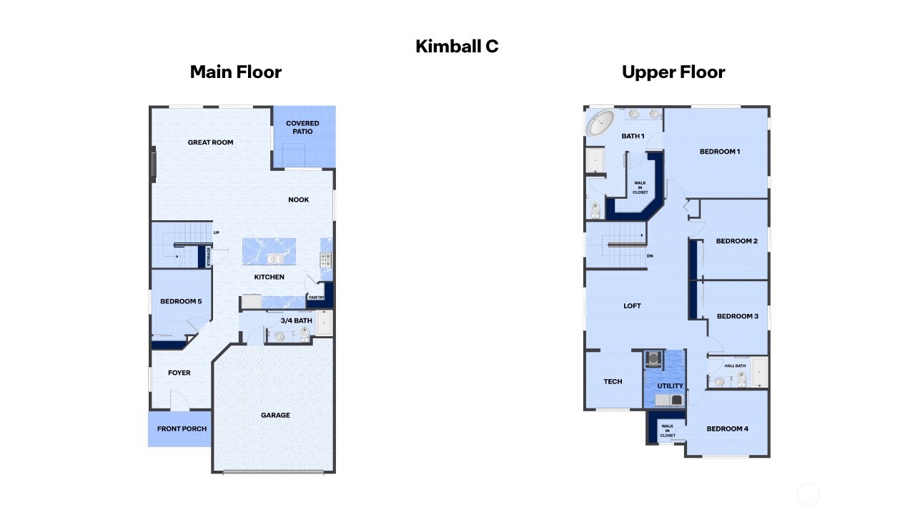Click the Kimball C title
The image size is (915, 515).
tap(457, 46)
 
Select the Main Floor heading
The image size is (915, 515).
tap(235, 72)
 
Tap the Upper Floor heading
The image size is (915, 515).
tap(673, 72)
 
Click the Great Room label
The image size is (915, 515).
tap(210, 142)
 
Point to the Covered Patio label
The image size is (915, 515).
tap(302, 127)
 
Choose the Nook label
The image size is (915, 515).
tap(298, 200)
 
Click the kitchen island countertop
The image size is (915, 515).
tap(269, 252)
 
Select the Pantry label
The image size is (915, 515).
tap(316, 298)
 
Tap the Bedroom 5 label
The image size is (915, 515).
tap(180, 301)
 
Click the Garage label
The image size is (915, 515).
tap(275, 415)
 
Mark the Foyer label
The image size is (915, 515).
tap(179, 373)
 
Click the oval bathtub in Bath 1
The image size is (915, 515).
tap(599, 123)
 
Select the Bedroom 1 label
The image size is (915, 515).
tap(719, 152)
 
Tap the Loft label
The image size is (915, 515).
tap(632, 305)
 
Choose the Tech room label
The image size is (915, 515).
tap(613, 381)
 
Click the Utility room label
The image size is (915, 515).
tap(670, 386)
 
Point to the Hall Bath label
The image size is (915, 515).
tap(735, 366)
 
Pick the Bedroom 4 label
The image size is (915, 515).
tap(727, 428)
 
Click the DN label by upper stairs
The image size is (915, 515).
tap(649, 255)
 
